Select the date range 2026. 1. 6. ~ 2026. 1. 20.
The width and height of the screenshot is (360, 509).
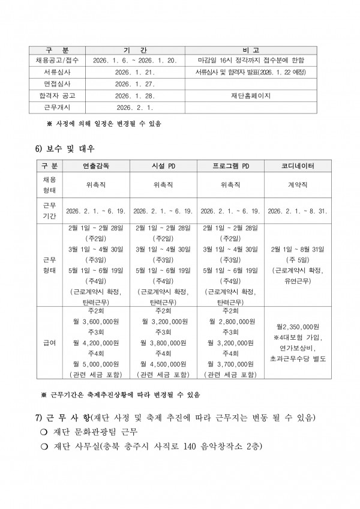click(x=134, y=61)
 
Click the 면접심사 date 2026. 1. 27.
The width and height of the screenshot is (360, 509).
click(x=134, y=84)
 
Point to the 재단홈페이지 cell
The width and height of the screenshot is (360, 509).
click(x=250, y=95)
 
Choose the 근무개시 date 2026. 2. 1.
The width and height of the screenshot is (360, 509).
click(x=134, y=107)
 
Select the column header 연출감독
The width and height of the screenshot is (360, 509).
click(x=96, y=165)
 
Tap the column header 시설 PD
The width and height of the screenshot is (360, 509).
click(x=163, y=165)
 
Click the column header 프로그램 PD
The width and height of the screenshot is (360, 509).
click(x=230, y=165)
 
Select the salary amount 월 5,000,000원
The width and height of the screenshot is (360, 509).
click(x=96, y=363)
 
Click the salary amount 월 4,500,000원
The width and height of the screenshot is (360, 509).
click(x=163, y=363)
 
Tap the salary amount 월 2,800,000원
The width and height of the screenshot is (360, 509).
click(x=230, y=321)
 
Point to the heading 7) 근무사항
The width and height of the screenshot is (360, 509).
click(x=62, y=417)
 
